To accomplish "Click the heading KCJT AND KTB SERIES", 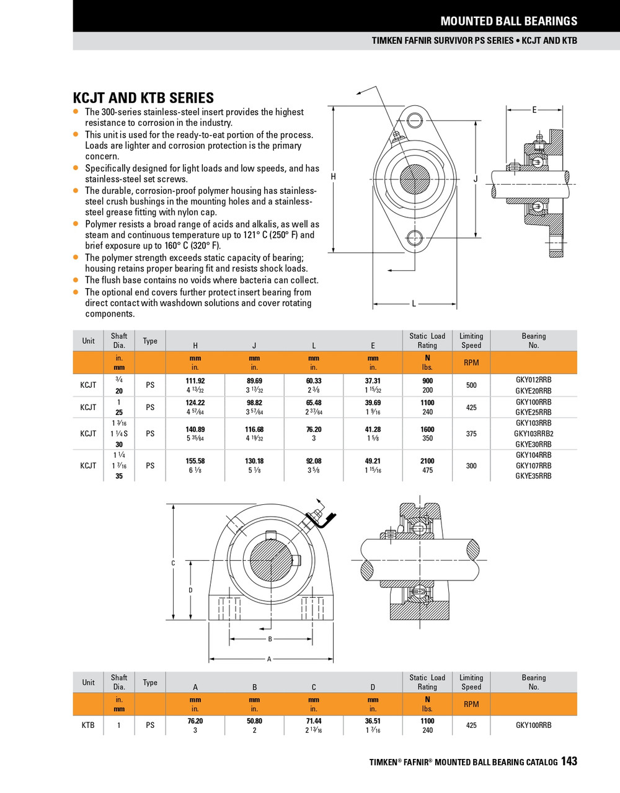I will (143, 98).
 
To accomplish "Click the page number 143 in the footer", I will (569, 761).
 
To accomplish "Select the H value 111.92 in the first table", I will (195, 380).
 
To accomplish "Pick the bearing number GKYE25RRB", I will (533, 412).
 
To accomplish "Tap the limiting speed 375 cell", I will (471, 434).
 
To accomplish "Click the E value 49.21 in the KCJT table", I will (373, 461).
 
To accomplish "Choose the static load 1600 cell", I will (427, 429).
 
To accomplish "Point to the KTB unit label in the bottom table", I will (88, 725).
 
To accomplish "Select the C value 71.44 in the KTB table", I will (314, 721).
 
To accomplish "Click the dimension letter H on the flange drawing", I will (334, 177).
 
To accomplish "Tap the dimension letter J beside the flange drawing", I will (476, 179).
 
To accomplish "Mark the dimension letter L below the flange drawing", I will (414, 304).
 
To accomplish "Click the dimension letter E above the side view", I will (534, 110).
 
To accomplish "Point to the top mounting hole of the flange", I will (414, 120).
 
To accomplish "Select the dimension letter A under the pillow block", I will (269, 659).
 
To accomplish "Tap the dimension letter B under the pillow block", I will (270, 639).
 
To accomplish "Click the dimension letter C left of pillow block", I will (173, 563).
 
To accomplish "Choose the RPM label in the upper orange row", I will (471, 362).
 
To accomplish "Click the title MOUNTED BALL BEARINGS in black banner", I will (508, 21).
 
